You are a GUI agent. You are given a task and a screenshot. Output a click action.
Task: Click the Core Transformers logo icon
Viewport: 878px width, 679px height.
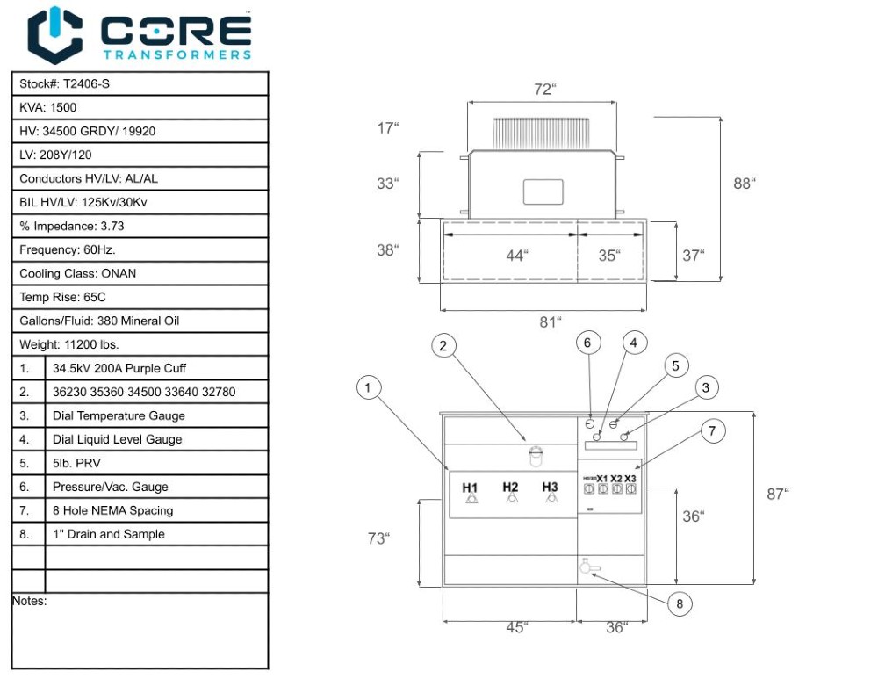54,34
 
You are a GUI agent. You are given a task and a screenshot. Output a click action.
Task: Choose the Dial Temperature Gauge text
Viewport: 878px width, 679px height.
119,416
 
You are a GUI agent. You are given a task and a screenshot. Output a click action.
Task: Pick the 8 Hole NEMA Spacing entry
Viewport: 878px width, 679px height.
112,511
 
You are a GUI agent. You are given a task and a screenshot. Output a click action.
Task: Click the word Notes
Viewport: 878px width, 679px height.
29,602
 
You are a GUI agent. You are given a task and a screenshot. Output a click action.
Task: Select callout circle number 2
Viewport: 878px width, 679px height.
443,346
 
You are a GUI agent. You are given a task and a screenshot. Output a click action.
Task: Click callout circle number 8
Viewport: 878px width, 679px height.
679,603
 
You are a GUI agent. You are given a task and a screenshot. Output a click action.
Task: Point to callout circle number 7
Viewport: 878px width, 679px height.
712,431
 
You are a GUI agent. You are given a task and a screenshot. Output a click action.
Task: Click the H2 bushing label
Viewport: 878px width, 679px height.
511,488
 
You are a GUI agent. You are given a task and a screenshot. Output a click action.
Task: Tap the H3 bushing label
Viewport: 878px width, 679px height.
551,488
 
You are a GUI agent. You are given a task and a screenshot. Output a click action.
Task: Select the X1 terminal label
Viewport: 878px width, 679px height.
602,480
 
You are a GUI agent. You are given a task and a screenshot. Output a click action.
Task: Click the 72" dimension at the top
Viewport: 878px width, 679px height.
545,90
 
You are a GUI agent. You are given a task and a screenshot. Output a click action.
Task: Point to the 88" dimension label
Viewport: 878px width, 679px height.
745,184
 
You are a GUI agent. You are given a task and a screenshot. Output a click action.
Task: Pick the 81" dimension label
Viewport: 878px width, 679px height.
550,322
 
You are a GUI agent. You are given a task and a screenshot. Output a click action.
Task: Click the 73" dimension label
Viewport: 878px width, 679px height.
378,538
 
